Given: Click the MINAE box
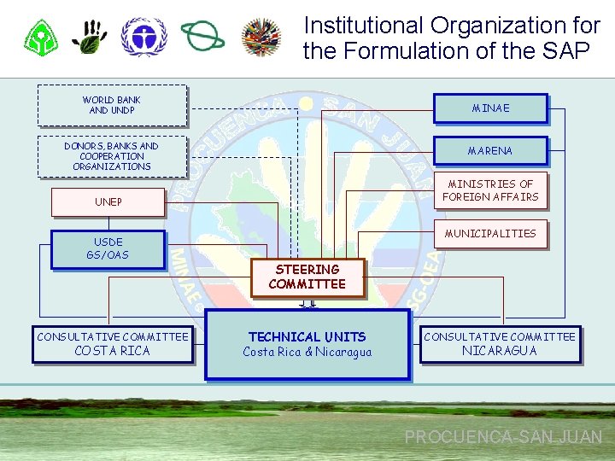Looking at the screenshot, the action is pos(490,108).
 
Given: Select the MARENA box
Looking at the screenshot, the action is pos(490,151).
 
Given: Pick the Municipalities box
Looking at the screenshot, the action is pos(491,234).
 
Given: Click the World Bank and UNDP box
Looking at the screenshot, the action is pos(112,105).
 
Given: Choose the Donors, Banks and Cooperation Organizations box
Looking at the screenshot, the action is pos(112,156).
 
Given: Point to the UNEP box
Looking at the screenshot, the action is pos(108,202).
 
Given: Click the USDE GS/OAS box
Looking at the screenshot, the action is pos(108,249).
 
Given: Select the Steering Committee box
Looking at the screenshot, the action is pos(307,277).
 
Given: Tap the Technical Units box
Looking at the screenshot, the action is pos(307,344).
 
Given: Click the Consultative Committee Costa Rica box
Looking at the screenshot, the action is pos(112,344).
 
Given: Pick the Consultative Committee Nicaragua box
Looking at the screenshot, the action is pos(500,344).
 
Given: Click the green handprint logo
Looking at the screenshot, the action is pos(90,37).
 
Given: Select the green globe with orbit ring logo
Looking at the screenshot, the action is pos(203,37).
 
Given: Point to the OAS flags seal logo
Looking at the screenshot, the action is pos(262,37).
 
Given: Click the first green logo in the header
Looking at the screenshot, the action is pos(40,37).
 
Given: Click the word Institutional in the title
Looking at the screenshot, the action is pos(362,26).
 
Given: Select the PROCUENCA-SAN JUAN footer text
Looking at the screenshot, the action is pos(503,437).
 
